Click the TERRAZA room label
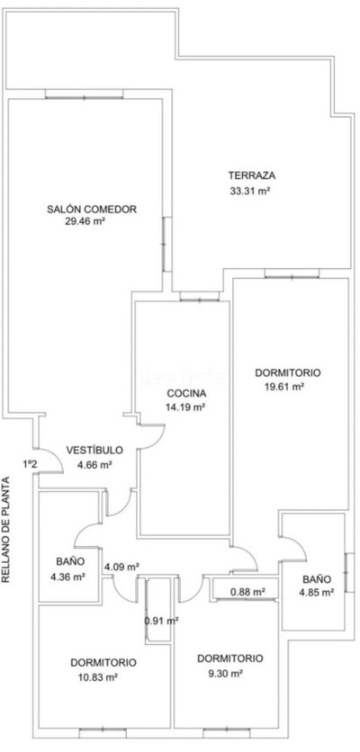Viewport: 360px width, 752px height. (251, 175)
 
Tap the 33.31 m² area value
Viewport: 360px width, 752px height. (250, 191)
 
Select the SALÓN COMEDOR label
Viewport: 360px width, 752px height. (92, 209)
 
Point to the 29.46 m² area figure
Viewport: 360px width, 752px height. (85, 221)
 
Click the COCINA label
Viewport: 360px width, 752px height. (186, 394)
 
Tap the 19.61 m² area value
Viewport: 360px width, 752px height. (284, 386)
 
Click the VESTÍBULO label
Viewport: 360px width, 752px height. (94, 451)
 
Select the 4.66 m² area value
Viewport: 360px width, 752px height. (94, 464)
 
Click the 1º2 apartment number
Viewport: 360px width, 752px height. (30, 464)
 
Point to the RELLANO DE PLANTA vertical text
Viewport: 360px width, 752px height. (5, 530)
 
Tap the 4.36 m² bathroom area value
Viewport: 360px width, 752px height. (67, 577)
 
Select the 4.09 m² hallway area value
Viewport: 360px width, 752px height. (121, 567)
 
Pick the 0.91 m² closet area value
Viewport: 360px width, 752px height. (162, 620)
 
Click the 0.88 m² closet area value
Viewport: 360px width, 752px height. (248, 592)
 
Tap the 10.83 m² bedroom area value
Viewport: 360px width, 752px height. (98, 676)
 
